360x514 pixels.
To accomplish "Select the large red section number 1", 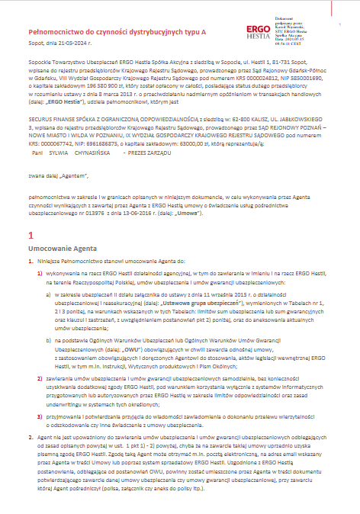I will (x=30, y=236).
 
